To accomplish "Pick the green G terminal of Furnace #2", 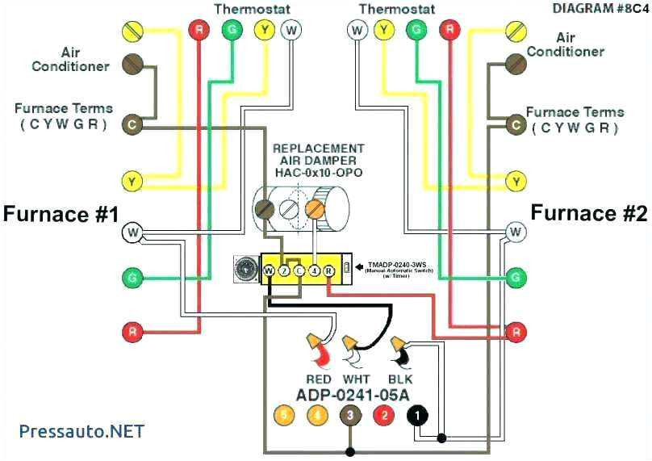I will coord(515,279).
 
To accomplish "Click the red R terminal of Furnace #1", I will coord(132,331).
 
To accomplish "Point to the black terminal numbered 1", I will coord(416,416).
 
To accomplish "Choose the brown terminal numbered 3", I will coord(349,416).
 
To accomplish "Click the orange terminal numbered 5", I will coord(284,416).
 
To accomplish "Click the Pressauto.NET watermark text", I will coord(76,430).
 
